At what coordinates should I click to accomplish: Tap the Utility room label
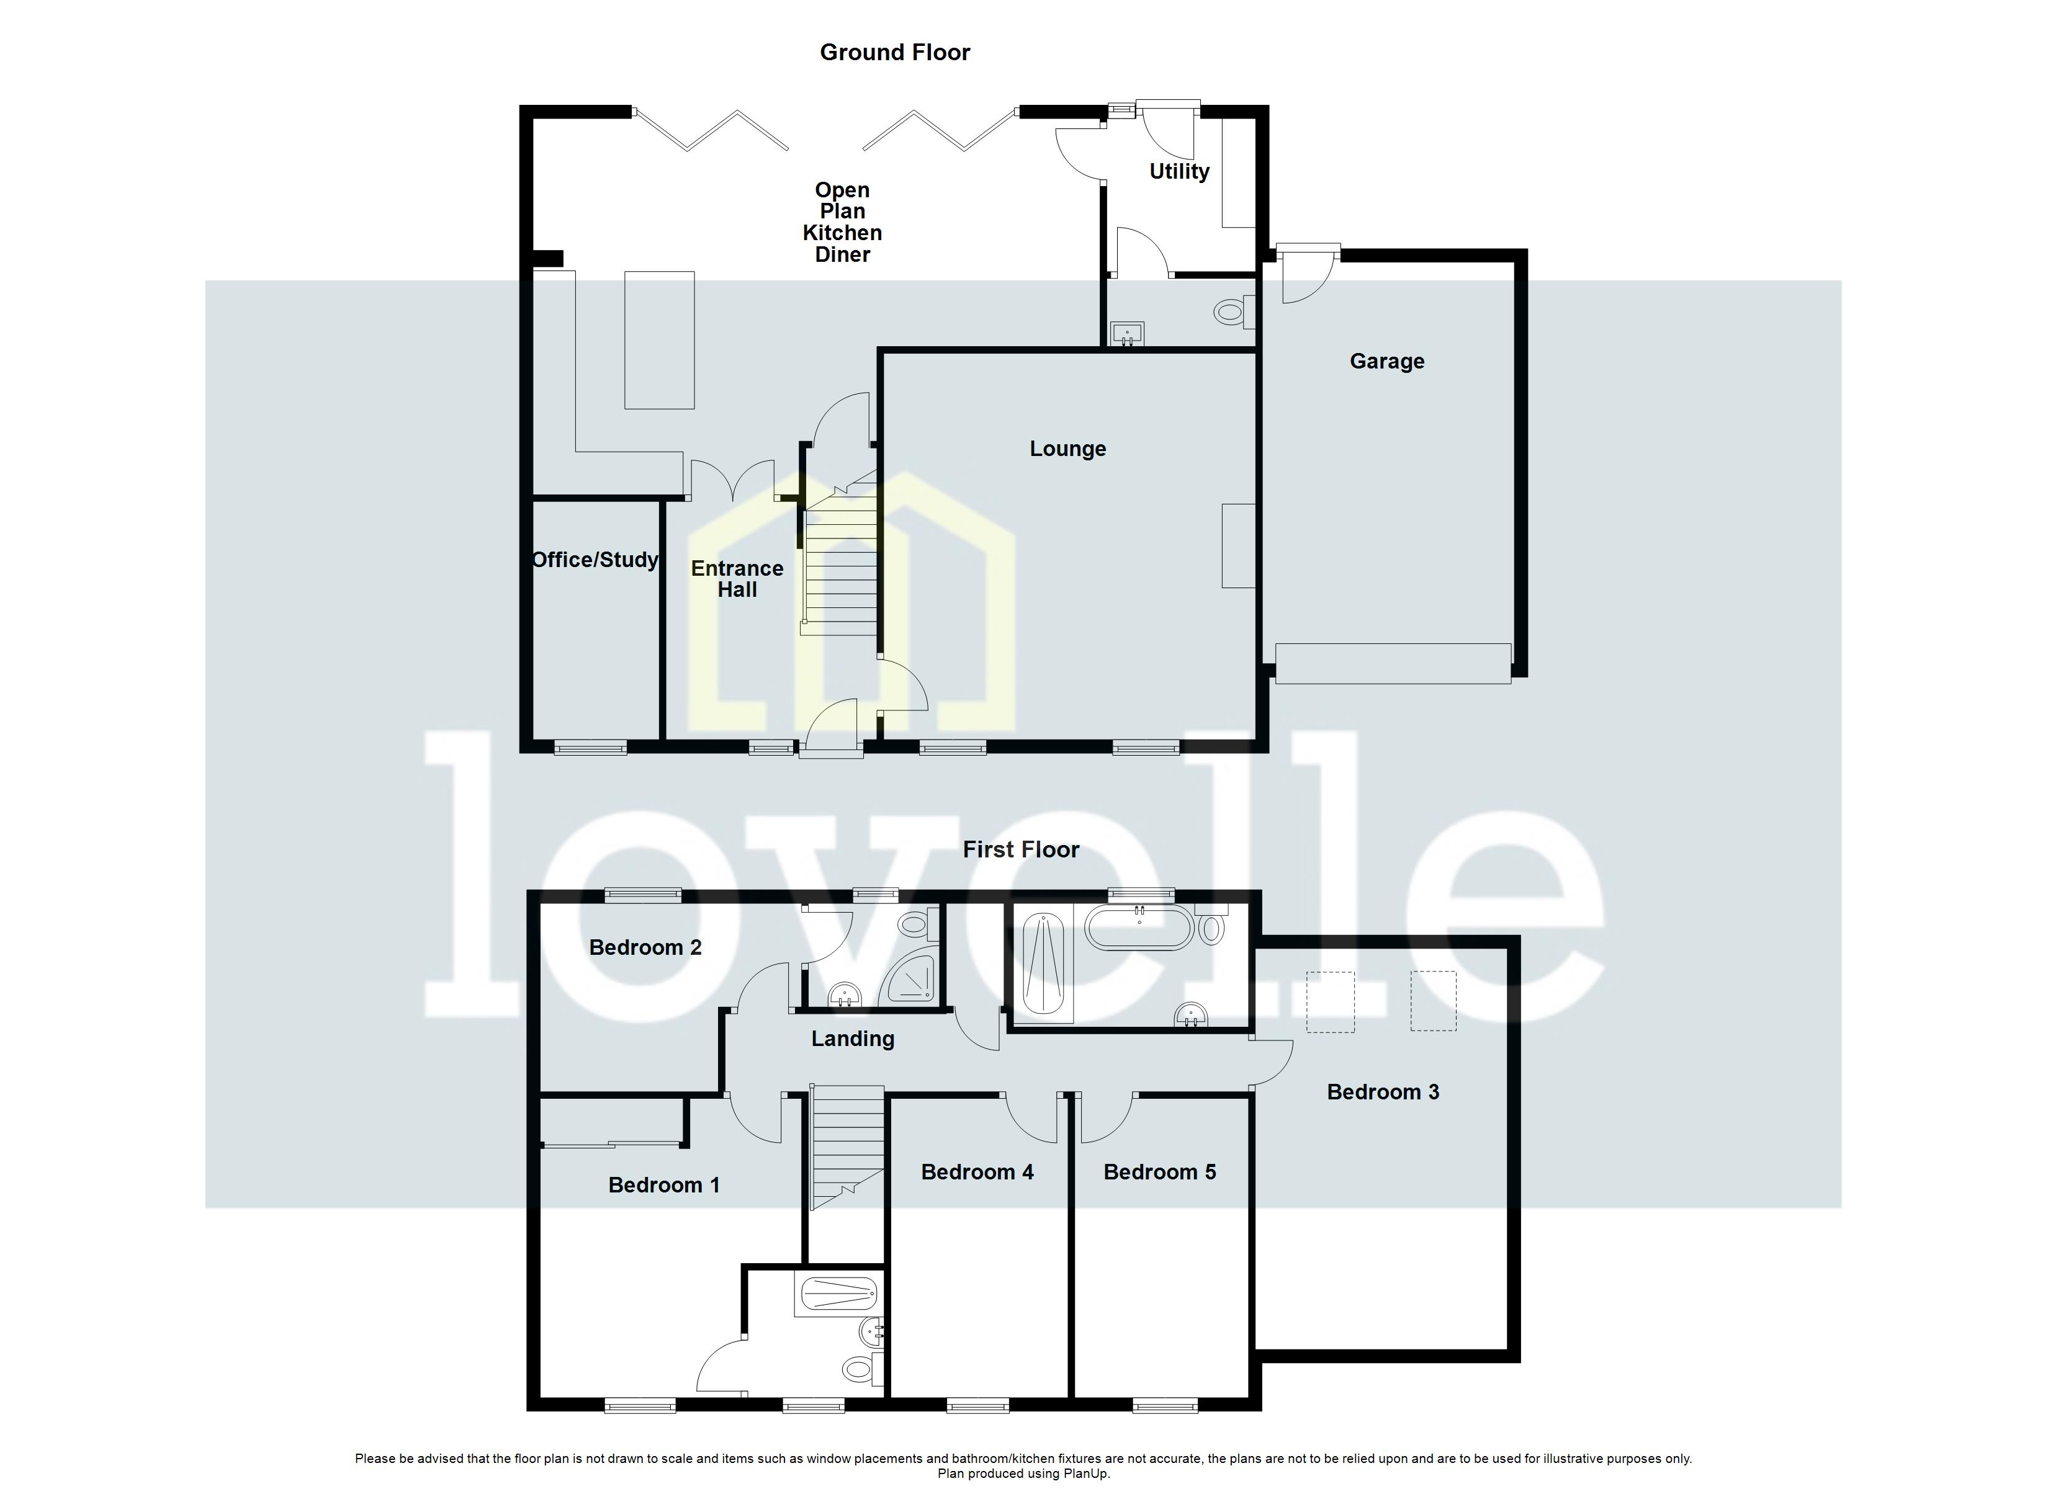tap(1179, 172)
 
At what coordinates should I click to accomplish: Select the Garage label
tap(1386, 361)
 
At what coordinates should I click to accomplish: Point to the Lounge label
tap(1067, 449)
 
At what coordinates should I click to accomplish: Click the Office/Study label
tap(595, 560)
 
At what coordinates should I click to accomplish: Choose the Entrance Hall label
tap(737, 579)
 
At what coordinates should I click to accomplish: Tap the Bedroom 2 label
tap(645, 947)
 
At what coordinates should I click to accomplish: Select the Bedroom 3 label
tap(1383, 1092)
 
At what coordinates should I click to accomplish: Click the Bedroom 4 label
tap(977, 1172)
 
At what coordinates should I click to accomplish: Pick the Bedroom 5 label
tap(1159, 1172)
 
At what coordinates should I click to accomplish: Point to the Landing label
tap(853, 1039)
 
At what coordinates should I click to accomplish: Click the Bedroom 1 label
tap(663, 1185)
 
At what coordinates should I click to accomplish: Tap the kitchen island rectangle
tap(659, 339)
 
